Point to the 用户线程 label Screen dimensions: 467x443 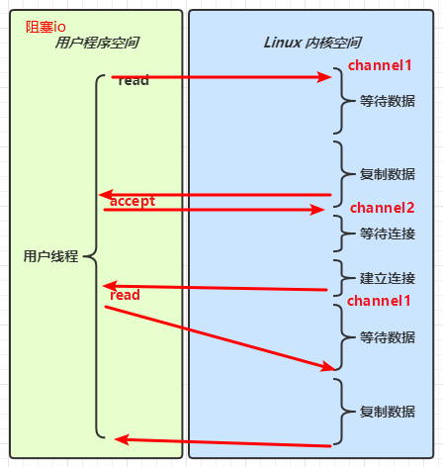click(x=50, y=256)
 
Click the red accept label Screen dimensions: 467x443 click(x=133, y=201)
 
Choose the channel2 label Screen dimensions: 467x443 click(x=382, y=208)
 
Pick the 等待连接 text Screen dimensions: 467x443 click(x=388, y=234)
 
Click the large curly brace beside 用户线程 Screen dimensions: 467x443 click(x=95, y=256)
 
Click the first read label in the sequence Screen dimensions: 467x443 click(x=133, y=80)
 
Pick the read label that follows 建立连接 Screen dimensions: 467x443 click(x=126, y=295)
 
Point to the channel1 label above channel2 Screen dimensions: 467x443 click(x=380, y=65)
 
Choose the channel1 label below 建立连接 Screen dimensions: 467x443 click(x=380, y=300)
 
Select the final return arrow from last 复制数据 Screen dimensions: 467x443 click(x=222, y=442)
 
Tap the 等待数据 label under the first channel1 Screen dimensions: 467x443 click(x=388, y=101)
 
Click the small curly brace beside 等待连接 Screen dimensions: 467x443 click(x=341, y=234)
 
